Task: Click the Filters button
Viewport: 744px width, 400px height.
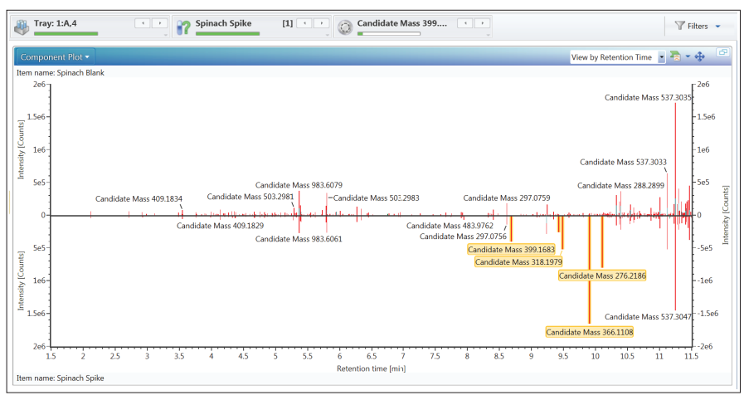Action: click(698, 26)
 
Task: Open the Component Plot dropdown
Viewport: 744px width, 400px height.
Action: click(55, 57)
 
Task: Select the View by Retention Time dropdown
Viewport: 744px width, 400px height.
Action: click(617, 57)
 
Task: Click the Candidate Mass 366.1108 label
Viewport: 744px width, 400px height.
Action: click(590, 332)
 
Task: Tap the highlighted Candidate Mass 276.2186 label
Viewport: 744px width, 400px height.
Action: click(602, 276)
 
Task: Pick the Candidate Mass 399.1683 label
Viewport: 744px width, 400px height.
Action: click(511, 250)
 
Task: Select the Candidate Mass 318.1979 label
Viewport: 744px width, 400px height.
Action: click(518, 262)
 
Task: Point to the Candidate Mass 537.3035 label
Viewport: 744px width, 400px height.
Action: click(648, 98)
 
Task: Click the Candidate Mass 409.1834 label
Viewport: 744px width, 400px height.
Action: click(139, 199)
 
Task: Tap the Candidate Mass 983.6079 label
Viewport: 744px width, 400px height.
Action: click(299, 185)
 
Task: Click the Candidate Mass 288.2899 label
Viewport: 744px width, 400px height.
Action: click(620, 186)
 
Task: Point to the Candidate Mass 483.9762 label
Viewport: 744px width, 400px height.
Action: click(450, 226)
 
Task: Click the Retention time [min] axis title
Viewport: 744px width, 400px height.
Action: click(371, 368)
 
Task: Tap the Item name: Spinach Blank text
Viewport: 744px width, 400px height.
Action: click(61, 72)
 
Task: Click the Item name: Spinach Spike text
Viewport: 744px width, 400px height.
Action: click(61, 378)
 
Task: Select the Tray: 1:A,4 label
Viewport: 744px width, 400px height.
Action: click(55, 23)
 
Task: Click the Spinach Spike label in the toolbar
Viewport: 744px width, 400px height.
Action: click(223, 23)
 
